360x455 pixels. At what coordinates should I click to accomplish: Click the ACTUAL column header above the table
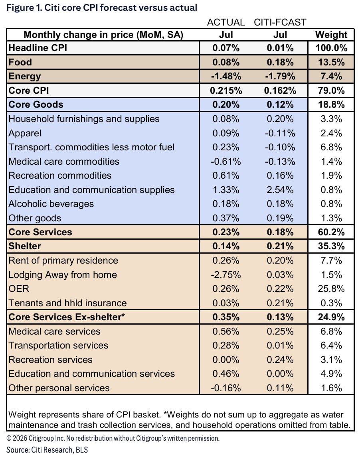coord(226,22)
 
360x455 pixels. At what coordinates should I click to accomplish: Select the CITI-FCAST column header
coord(280,22)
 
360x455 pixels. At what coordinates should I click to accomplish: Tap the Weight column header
coord(331,35)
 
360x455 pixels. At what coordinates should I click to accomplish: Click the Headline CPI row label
coord(38,48)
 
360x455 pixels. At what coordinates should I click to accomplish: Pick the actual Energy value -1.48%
coord(226,76)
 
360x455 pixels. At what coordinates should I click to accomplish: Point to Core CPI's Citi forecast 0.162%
coord(280,91)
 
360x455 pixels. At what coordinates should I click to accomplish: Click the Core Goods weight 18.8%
coord(331,104)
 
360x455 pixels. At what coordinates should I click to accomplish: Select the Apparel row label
coord(25,133)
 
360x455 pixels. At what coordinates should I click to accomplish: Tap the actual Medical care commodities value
coord(226,162)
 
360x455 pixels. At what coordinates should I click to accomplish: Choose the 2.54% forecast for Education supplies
coord(280,190)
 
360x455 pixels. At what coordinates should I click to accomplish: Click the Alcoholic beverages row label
coord(51,204)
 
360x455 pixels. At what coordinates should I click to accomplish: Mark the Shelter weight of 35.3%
coord(331,246)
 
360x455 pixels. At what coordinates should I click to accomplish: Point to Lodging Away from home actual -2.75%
coord(226,275)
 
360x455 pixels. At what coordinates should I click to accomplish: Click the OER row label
coord(19,289)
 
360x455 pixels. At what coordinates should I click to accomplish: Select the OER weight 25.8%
coord(331,289)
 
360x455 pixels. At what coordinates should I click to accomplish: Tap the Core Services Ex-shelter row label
coord(67,317)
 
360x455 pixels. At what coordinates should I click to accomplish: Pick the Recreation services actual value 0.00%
coord(226,360)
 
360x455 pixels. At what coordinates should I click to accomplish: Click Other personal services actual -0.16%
coord(226,388)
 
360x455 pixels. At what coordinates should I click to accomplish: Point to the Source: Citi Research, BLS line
coord(47,450)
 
